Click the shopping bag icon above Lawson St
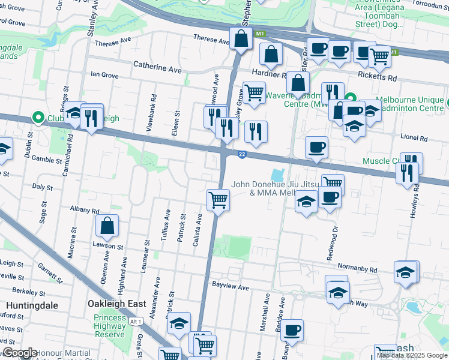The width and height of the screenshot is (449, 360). point(107,227)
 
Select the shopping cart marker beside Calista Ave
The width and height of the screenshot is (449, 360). point(218,199)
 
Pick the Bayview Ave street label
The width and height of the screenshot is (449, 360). point(230,287)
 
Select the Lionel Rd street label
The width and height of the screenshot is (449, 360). point(415,138)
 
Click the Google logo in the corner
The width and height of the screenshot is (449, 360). point(20,353)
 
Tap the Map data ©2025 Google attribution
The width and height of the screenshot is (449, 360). point(412,355)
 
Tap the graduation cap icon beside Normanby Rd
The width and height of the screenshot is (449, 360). point(406,272)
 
